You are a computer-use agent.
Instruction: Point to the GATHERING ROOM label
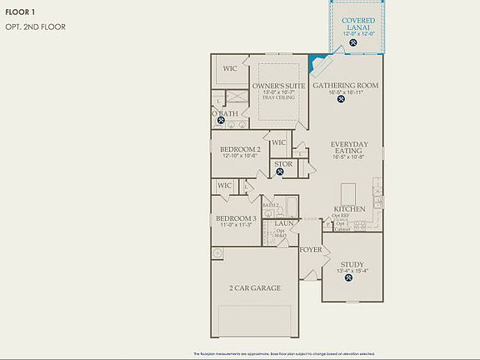point(347,85)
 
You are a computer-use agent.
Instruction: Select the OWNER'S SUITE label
point(278,85)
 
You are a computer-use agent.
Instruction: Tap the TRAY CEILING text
point(278,98)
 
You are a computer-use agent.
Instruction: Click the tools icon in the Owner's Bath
point(222,119)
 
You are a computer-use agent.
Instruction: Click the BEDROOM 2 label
point(241,149)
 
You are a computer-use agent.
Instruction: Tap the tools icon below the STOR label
point(283,173)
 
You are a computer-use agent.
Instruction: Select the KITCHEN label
point(349,208)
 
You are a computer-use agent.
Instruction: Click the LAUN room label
point(283,223)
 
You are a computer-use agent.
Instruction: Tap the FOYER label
point(311,249)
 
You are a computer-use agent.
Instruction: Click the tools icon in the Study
point(350,279)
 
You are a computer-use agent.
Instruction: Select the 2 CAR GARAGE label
point(254,288)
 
